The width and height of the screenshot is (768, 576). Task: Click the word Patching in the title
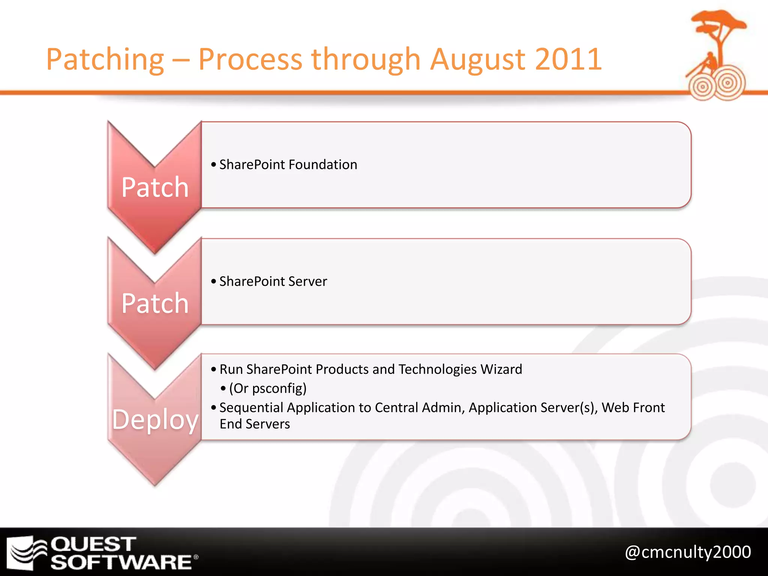[105, 60]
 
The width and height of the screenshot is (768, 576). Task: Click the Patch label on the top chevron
[155, 187]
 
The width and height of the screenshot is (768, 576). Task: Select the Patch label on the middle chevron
[155, 303]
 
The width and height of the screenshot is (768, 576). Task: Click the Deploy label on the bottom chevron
[155, 420]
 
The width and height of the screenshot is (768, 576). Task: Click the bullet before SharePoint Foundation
[213, 165]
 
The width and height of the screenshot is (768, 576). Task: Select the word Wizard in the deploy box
[501, 369]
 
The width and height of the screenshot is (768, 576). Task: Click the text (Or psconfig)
[268, 388]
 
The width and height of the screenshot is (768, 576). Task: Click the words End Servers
[255, 424]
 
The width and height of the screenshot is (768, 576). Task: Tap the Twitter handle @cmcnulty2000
[688, 552]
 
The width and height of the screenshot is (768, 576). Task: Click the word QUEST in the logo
[93, 544]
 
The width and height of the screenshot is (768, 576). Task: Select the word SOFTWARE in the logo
[121, 562]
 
